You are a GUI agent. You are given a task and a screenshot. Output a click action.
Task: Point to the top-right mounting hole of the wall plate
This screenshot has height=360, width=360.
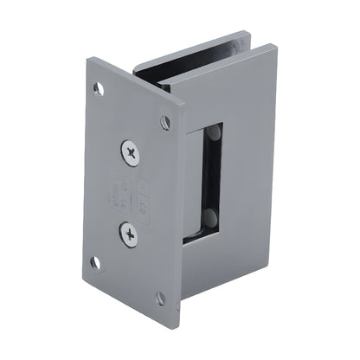point(165,122)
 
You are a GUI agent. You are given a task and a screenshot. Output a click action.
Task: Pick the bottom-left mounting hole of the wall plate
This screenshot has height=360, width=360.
point(95,262)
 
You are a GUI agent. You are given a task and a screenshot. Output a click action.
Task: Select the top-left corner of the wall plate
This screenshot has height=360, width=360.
point(89,59)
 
